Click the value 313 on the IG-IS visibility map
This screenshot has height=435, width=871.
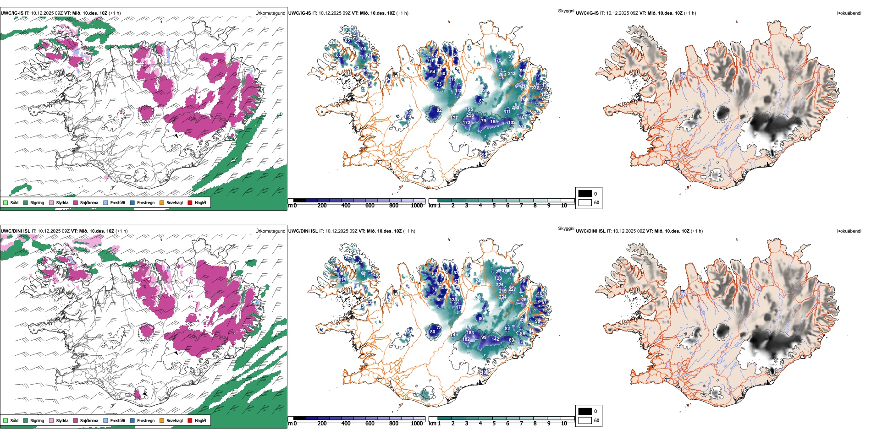click(x=512, y=73)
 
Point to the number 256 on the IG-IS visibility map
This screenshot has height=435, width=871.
click(x=470, y=115)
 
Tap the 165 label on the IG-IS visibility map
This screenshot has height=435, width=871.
click(x=494, y=121)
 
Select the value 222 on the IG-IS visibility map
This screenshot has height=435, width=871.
click(x=535, y=88)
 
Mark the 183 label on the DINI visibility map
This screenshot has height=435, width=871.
click(x=470, y=333)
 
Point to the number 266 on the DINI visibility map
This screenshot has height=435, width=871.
click(x=524, y=299)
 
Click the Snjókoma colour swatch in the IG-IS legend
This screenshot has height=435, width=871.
click(x=76, y=202)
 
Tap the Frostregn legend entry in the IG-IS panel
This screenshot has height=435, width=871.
click(x=146, y=202)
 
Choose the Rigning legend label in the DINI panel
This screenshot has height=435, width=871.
click(x=37, y=420)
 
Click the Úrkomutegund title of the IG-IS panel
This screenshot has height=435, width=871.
click(x=270, y=13)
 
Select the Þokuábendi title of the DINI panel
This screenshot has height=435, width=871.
click(x=849, y=231)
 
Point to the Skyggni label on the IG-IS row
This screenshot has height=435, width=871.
click(x=566, y=11)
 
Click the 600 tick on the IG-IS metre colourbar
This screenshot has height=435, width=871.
click(x=369, y=206)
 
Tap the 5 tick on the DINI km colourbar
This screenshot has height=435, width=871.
click(x=494, y=424)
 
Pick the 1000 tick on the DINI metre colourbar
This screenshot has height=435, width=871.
click(x=417, y=424)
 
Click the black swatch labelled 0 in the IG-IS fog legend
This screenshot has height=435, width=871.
click(x=585, y=193)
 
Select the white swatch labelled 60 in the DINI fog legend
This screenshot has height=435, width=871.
click(x=585, y=420)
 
